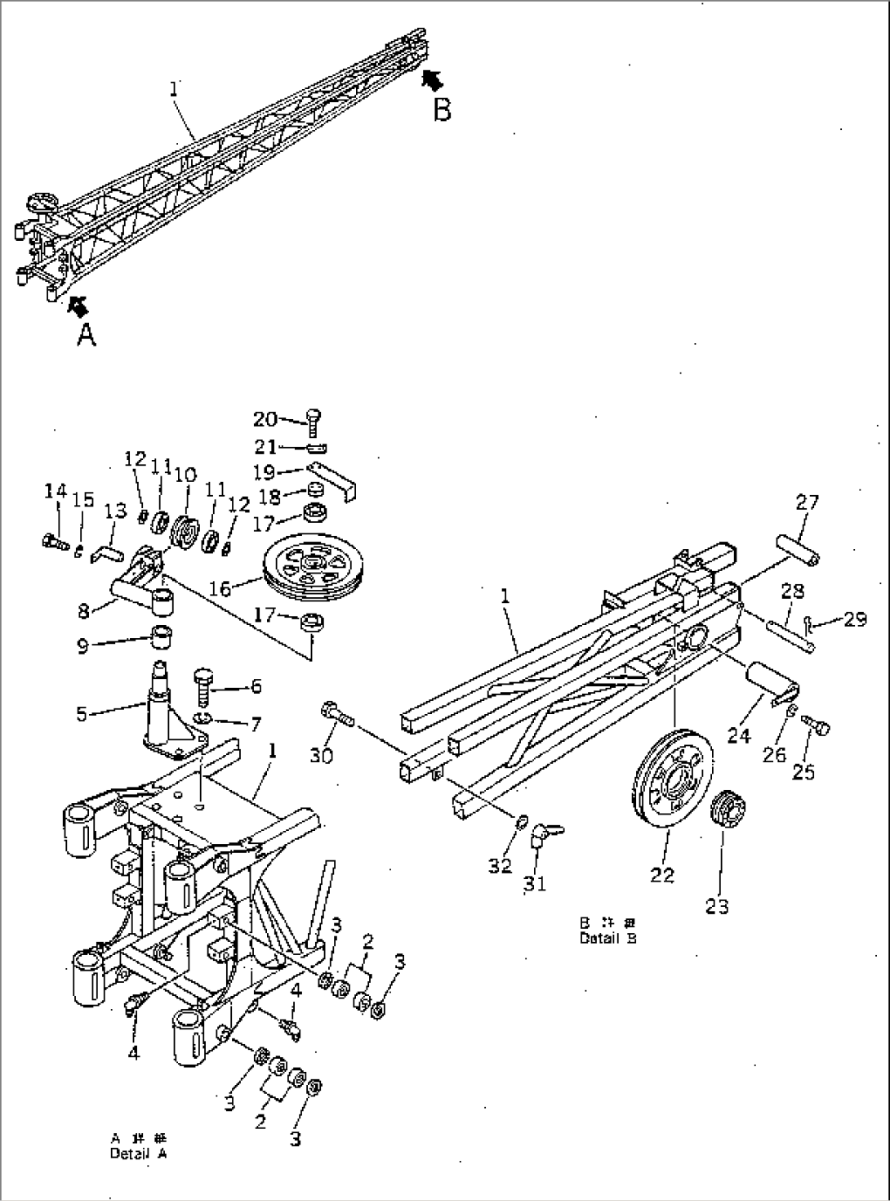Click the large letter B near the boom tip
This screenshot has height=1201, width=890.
(442, 109)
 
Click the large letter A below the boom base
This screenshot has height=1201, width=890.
(87, 334)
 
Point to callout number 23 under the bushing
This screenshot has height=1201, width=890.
(717, 905)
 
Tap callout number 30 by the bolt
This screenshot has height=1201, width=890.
(322, 756)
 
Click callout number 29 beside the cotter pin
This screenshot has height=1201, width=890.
(855, 620)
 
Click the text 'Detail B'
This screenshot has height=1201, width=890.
(607, 938)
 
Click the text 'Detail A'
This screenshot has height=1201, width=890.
(139, 1154)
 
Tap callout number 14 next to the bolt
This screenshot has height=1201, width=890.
(55, 491)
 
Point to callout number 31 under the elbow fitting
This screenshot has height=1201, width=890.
(535, 883)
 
